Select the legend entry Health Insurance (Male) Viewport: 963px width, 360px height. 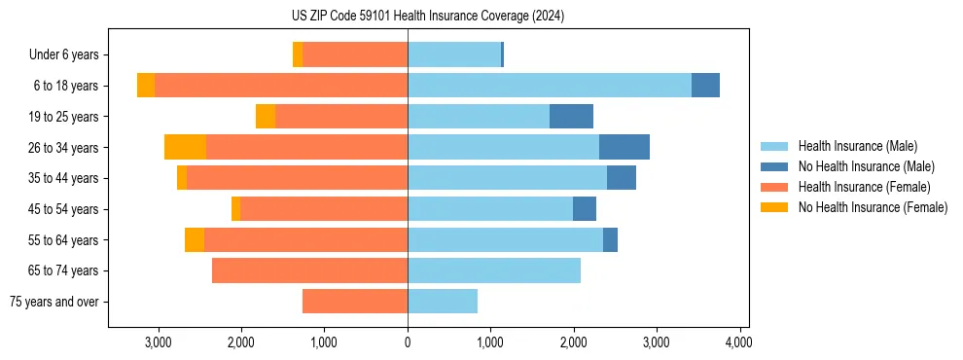(857, 146)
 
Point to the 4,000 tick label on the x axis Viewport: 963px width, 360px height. (738, 342)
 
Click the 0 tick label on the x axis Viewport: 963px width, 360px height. (408, 342)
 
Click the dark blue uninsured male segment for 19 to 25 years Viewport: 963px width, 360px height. (571, 117)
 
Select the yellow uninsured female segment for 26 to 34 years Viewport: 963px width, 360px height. (185, 147)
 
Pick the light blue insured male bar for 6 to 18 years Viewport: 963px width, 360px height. (550, 86)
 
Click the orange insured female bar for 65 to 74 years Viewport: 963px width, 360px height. (309, 270)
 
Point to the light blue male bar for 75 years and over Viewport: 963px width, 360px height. (443, 302)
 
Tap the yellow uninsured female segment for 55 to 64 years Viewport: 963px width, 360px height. (195, 239)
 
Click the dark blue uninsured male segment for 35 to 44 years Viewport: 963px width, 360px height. (622, 178)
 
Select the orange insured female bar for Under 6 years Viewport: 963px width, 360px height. (355, 55)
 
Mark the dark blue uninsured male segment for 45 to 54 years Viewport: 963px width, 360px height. (585, 209)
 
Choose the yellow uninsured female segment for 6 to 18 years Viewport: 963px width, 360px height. (146, 86)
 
